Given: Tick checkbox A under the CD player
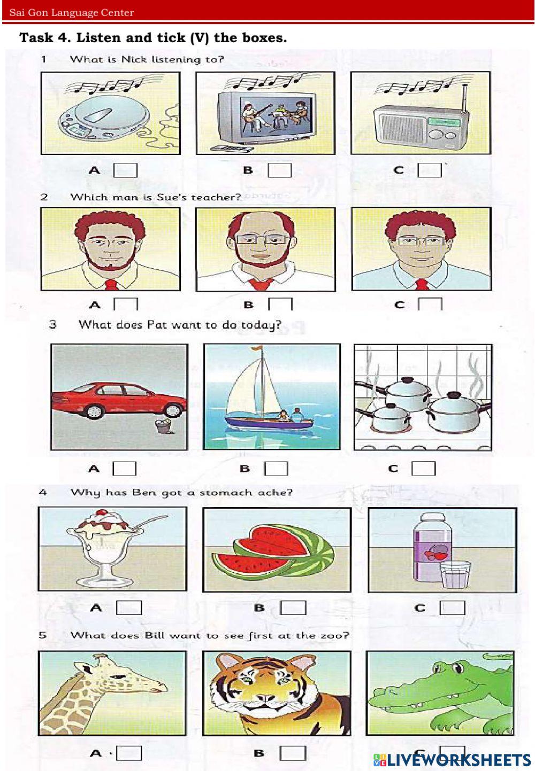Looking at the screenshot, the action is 126,170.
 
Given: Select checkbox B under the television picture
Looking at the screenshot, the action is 280,170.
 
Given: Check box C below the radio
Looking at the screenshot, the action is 430,170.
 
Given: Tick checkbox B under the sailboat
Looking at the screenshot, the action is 276,469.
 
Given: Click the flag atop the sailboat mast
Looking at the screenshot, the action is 256,348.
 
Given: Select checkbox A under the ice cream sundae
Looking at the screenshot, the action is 129,608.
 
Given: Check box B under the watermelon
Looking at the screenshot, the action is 293,608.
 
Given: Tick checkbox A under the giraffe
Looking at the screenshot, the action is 129,753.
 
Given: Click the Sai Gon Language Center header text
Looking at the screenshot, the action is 71,13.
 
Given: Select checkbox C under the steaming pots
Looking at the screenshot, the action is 424,469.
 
